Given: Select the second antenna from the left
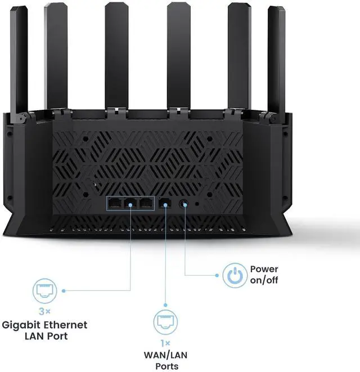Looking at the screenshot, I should (x=56, y=56).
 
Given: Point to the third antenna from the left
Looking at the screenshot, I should (x=116, y=56).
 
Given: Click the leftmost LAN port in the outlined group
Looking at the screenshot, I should (x=115, y=204).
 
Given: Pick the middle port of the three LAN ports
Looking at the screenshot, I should (x=130, y=204).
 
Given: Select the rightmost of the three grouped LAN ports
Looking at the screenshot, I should (x=146, y=204).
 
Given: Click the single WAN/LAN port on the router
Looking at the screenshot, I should (x=165, y=204).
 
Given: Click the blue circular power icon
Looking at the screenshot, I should (x=235, y=275).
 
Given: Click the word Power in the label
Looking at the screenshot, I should (x=264, y=270).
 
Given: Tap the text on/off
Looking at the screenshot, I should (x=264, y=280).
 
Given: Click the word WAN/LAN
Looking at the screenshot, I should (x=166, y=355).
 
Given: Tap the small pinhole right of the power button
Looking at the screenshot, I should (x=196, y=204).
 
